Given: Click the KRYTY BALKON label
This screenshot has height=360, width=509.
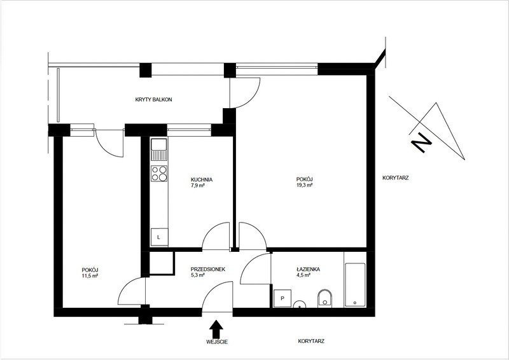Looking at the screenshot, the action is pyautogui.click(x=153, y=100).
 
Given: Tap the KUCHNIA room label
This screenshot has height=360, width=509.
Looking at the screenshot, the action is pyautogui.click(x=202, y=179).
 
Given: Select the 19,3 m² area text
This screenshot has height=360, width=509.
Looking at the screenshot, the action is pyautogui.click(x=304, y=185).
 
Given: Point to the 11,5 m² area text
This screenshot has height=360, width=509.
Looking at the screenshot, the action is pyautogui.click(x=90, y=276).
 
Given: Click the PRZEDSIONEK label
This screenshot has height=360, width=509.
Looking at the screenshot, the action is pyautogui.click(x=208, y=269).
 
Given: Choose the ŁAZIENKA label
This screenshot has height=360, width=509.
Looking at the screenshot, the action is pyautogui.click(x=308, y=269).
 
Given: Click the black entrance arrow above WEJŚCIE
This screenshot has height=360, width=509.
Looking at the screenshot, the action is pyautogui.click(x=216, y=329).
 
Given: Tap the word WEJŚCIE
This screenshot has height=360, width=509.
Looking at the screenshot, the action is pyautogui.click(x=217, y=342).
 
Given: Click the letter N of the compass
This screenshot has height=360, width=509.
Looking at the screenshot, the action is pyautogui.click(x=421, y=142).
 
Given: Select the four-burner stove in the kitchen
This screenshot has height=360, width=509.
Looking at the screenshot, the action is pyautogui.click(x=159, y=174).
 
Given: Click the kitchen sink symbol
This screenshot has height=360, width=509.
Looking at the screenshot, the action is pyautogui.click(x=159, y=149).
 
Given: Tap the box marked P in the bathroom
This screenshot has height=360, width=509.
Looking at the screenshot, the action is pyautogui.click(x=282, y=298).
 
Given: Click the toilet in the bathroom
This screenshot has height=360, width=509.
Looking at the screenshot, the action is pyautogui.click(x=325, y=298).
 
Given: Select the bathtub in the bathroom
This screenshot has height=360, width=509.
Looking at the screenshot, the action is pyautogui.click(x=355, y=285).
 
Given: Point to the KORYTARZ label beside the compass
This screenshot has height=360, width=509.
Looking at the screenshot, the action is pyautogui.click(x=395, y=178).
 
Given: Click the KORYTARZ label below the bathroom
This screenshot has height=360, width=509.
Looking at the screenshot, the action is pyautogui.click(x=311, y=341).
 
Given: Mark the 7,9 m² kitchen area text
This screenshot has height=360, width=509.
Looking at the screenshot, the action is pyautogui.click(x=197, y=186).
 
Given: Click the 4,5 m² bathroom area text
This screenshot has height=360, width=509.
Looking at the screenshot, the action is pyautogui.click(x=303, y=275).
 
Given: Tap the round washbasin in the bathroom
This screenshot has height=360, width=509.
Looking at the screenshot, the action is pyautogui.click(x=300, y=304).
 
